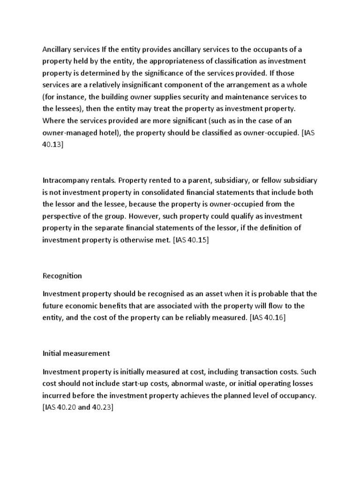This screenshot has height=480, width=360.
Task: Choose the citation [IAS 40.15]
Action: (191, 240)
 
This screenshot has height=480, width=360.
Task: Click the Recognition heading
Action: (62, 276)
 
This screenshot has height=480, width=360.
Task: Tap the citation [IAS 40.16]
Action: (268, 318)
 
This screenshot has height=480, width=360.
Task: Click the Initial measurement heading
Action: (76, 353)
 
